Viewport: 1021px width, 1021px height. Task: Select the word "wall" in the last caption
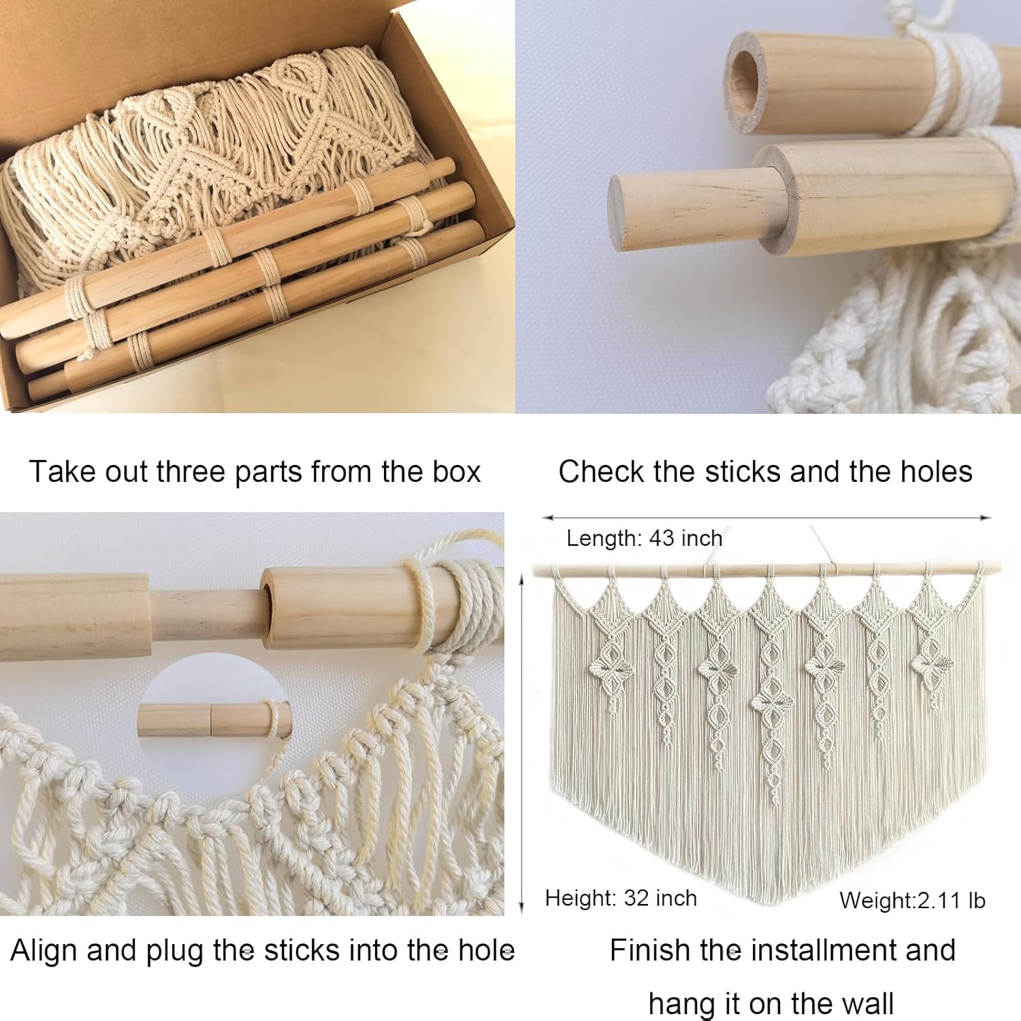click(867, 1004)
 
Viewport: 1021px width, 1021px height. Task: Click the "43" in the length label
click(662, 538)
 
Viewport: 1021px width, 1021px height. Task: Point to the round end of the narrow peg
click(621, 212)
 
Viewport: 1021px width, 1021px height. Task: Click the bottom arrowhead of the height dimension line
click(521, 907)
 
